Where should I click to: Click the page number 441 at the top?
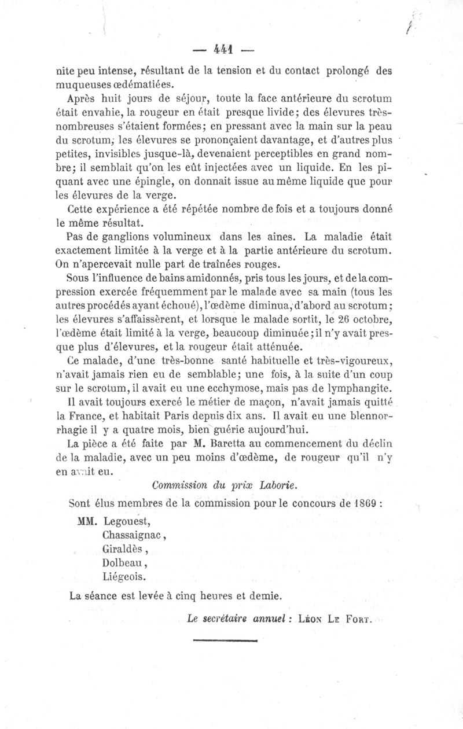click(222, 50)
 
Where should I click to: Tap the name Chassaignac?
click(133, 535)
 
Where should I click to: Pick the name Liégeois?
click(124, 576)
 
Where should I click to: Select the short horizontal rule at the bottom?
click(225, 640)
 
